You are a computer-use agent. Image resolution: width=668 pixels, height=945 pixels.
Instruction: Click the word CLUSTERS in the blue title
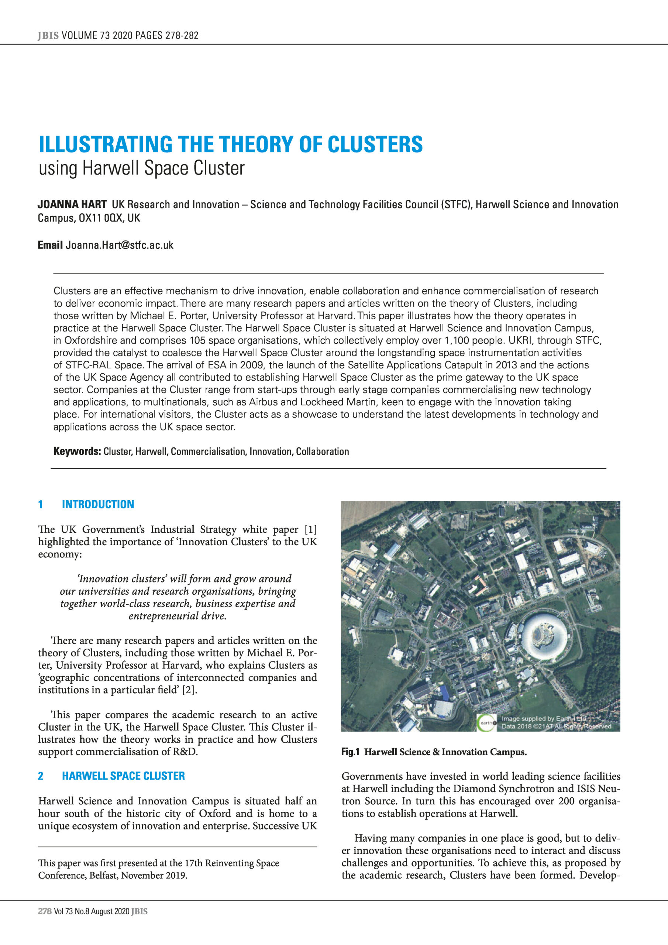(x=375, y=144)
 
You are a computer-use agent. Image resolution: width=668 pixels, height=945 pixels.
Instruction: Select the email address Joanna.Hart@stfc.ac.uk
(x=119, y=245)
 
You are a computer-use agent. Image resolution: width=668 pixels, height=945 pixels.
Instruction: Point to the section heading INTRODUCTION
(x=97, y=504)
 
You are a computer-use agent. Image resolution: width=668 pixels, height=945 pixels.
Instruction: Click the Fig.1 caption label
(x=350, y=752)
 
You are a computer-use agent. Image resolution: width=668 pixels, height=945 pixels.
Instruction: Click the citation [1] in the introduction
(x=310, y=529)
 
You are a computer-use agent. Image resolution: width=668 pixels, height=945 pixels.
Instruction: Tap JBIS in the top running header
(x=48, y=35)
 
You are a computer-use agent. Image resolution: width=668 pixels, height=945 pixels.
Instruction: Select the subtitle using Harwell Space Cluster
(x=142, y=168)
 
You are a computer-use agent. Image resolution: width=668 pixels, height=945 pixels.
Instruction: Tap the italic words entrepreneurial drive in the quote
(x=178, y=616)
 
